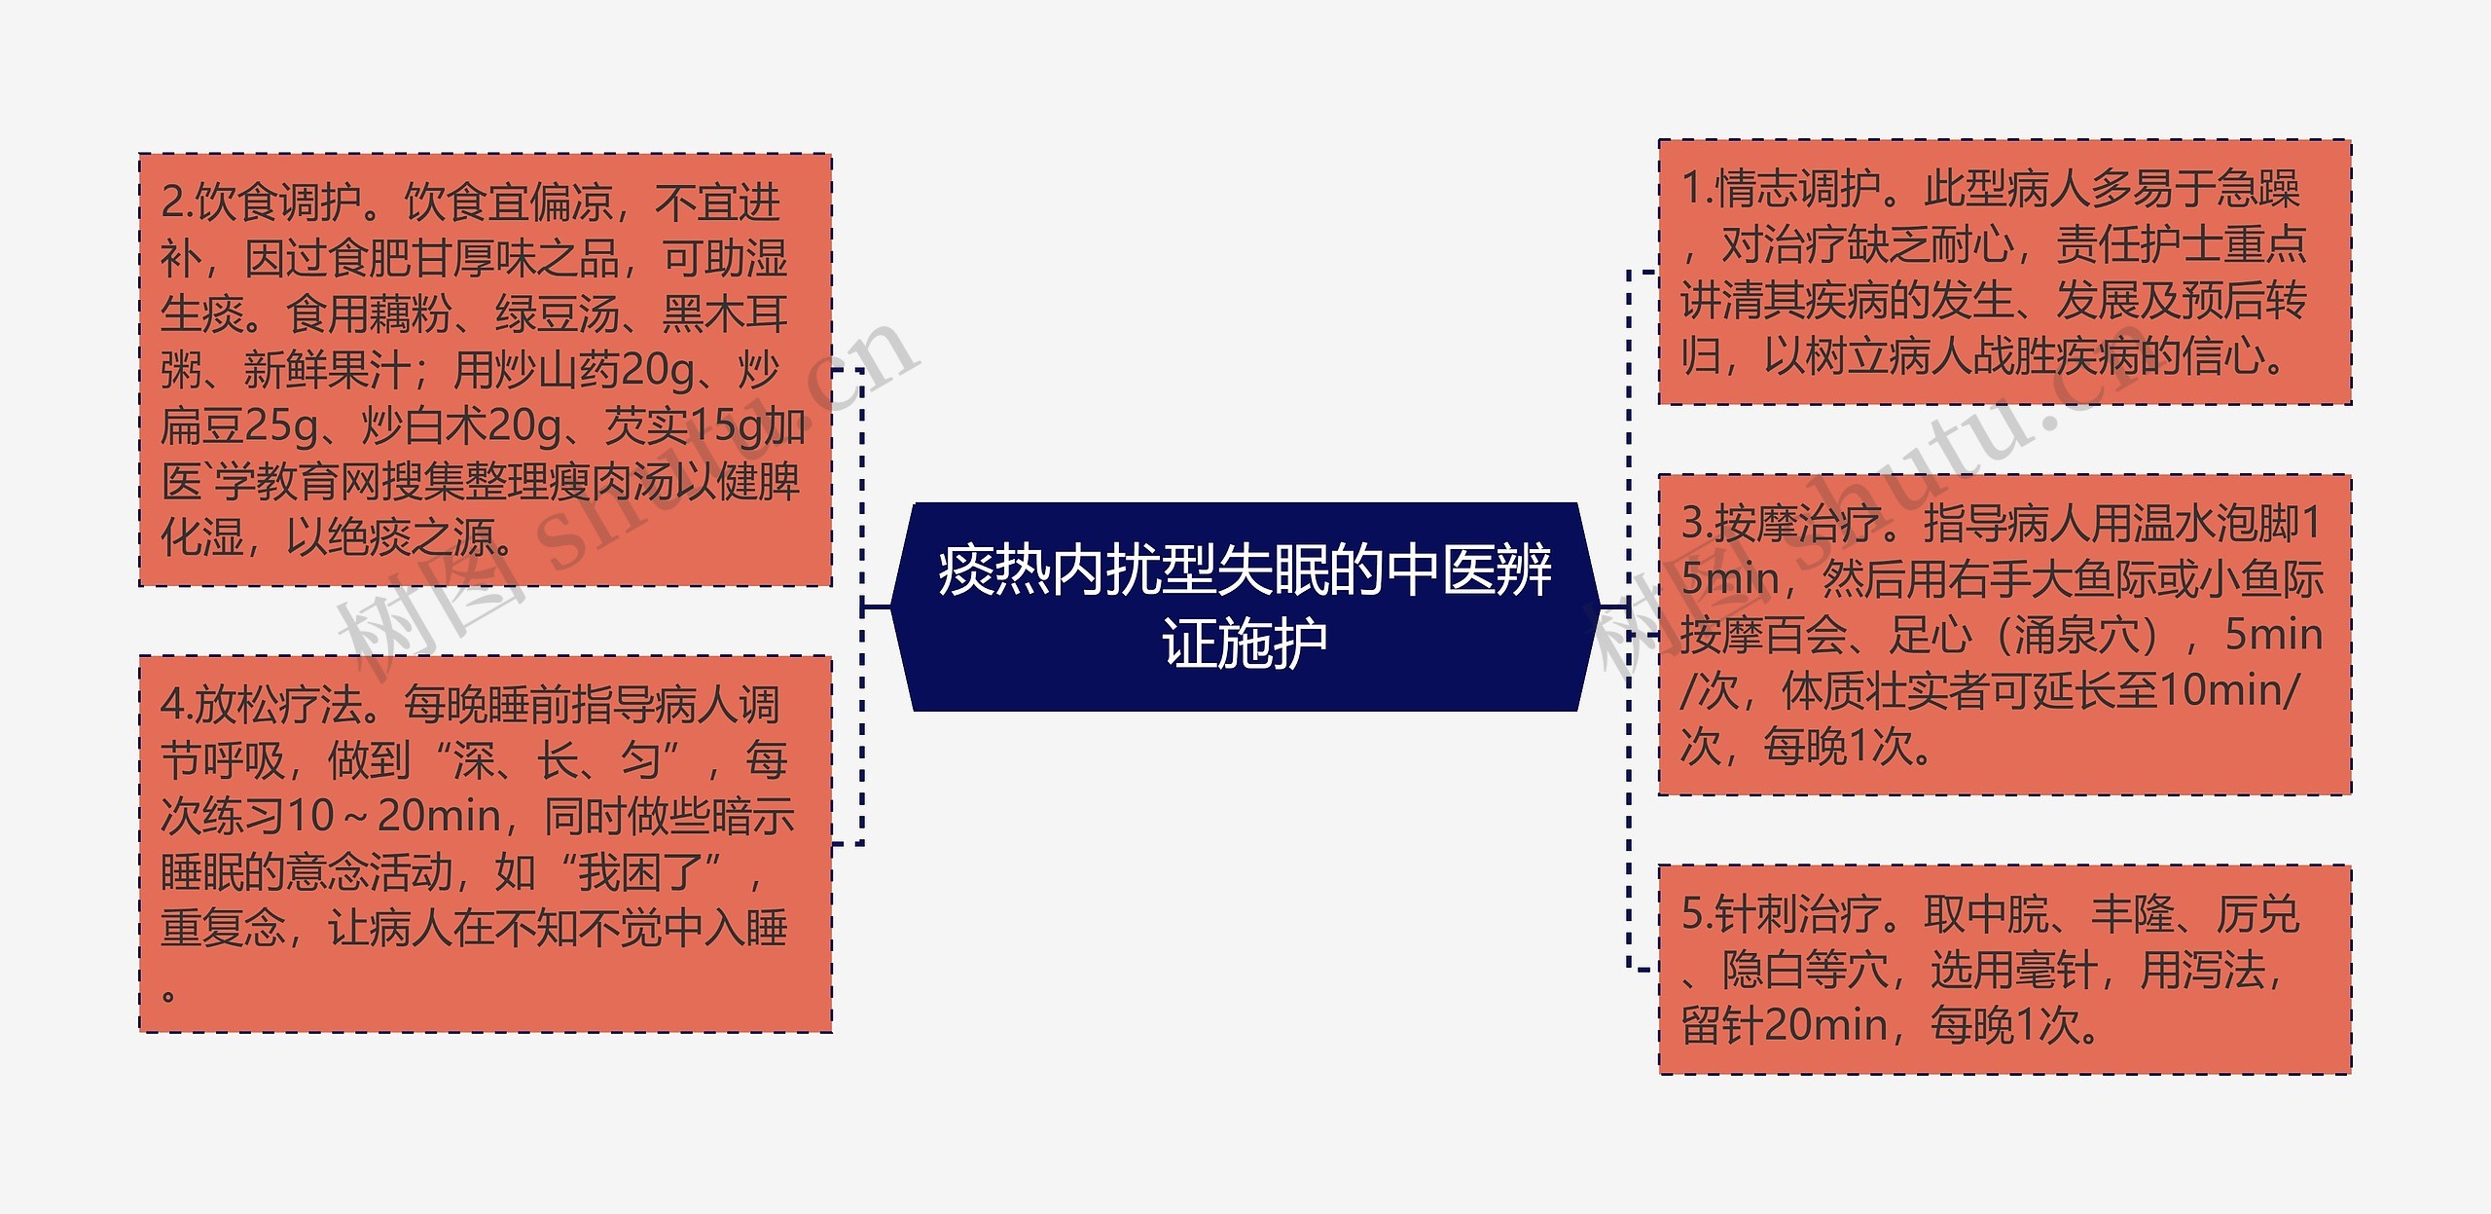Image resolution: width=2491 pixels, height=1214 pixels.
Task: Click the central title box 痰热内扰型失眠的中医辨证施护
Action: coord(1245,606)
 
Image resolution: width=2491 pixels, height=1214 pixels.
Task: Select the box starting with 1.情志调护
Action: coord(2004,272)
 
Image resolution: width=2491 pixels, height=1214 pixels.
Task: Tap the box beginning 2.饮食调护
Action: coord(485,369)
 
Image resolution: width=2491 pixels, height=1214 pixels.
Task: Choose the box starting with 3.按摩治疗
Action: coord(2004,634)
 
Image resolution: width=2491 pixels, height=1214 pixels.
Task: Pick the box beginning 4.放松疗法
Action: coord(485,843)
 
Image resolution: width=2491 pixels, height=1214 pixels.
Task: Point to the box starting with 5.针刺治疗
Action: coord(2004,970)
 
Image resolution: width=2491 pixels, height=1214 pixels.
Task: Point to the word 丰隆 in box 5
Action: coord(2133,915)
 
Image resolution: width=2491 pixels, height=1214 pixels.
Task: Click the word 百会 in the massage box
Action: coord(1805,636)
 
